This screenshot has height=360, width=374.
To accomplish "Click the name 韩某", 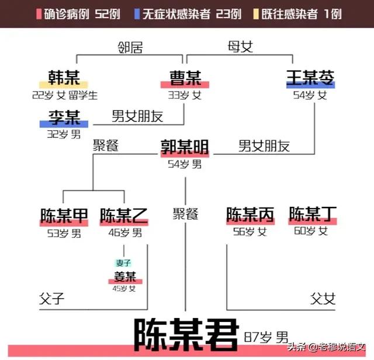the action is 64,78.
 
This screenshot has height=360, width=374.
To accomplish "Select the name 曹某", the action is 185,78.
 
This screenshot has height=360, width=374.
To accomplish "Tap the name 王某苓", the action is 310,78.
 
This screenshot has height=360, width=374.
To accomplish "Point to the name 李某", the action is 64,117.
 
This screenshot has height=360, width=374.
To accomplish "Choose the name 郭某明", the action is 185,147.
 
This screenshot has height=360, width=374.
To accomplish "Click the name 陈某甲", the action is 64,216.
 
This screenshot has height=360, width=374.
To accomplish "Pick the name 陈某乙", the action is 124,216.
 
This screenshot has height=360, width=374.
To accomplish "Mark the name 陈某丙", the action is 250,214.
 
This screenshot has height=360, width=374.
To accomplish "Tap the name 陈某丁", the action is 313,214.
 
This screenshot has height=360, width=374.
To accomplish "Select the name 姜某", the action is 125,276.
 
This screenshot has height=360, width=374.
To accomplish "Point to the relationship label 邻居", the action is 130,47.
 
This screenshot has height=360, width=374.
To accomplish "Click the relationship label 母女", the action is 240,47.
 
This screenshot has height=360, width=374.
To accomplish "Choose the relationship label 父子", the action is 52,298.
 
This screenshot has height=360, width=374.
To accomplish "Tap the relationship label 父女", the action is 323,298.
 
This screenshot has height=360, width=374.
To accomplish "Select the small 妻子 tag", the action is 123,263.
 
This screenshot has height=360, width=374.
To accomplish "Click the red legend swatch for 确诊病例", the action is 39,14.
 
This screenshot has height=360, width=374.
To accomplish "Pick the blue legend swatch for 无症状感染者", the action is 137,14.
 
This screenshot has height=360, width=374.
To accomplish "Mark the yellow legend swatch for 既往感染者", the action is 256,14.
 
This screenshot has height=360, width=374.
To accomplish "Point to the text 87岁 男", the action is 266,337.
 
